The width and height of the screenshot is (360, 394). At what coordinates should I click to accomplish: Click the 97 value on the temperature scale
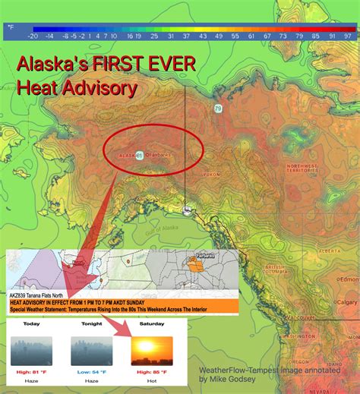(x=348, y=35)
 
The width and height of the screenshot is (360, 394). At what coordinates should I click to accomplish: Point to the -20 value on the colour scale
(x=33, y=35)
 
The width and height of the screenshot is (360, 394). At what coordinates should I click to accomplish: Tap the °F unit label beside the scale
(x=11, y=27)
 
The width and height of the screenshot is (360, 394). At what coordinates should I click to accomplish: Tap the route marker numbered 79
(x=218, y=109)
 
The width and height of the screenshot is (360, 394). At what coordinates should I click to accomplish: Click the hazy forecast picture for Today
(x=31, y=351)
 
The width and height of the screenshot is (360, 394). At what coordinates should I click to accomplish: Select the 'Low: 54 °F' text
(x=91, y=372)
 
